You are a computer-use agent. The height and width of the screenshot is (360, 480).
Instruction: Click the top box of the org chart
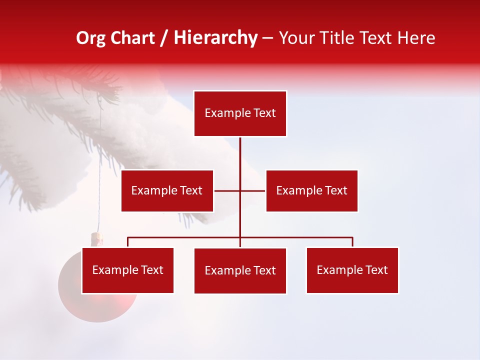click(x=240, y=113)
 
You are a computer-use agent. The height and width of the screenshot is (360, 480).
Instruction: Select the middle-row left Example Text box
click(x=167, y=190)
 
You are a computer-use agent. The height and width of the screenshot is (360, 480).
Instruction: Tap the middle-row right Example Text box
click(x=311, y=190)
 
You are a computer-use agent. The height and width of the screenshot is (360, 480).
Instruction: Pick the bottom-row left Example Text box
click(x=127, y=270)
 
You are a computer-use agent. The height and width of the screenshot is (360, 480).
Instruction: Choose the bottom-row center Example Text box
click(x=240, y=270)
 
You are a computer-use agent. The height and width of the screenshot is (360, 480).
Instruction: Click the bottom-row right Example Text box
click(x=352, y=270)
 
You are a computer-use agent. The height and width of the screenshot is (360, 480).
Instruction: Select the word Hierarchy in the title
click(x=215, y=38)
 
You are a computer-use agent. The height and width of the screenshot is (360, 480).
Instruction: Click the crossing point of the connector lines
click(x=240, y=190)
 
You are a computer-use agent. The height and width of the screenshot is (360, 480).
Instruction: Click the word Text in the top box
click(x=264, y=113)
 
